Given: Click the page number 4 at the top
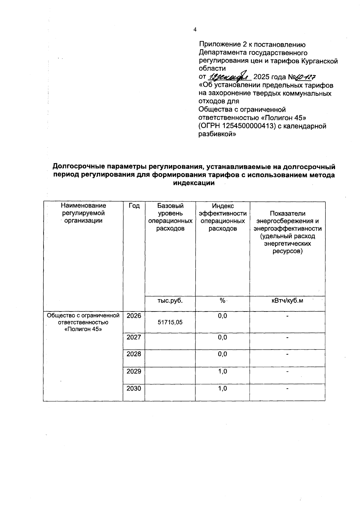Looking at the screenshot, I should click(195, 29).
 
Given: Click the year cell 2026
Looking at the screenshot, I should click(133, 316).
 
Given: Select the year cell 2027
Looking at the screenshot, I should click(133, 337).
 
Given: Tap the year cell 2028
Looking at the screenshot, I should click(133, 354).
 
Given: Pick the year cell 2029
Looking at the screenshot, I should click(133, 371).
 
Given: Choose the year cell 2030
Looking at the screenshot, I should click(133, 389).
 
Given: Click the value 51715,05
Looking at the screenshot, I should click(170, 322).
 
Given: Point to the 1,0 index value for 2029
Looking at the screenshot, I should click(222, 371).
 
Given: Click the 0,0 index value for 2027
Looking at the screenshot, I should click(222, 337).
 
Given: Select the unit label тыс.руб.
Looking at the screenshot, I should click(170, 300).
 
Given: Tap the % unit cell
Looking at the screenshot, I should click(222, 300).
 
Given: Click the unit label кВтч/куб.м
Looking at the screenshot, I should click(287, 300).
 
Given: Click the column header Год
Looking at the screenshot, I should click(134, 206).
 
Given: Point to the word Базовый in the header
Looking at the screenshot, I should click(170, 206).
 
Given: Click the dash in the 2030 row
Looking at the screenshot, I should click(287, 389).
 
